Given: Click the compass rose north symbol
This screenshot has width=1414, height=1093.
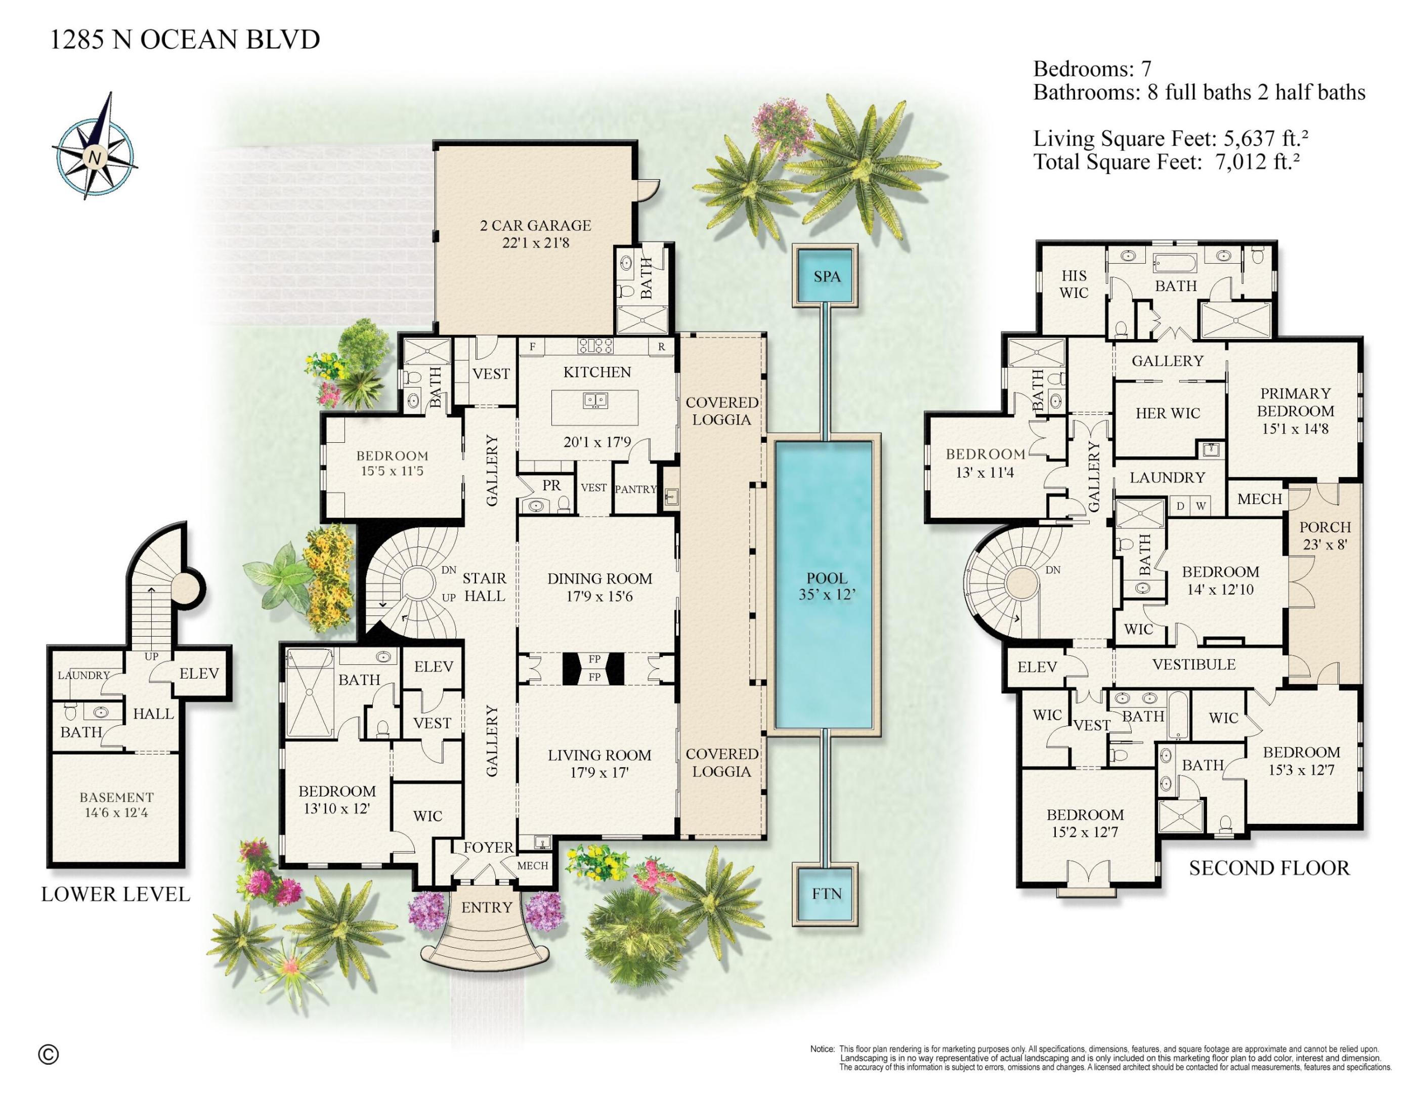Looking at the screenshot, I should (x=95, y=157).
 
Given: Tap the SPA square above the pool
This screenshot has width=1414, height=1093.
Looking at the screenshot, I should (x=827, y=276).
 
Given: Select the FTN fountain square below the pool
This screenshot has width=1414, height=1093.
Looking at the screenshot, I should (x=827, y=894).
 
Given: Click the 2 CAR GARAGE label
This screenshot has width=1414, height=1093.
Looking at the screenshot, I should (x=535, y=225).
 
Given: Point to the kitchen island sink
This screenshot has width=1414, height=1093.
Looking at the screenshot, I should (x=595, y=401).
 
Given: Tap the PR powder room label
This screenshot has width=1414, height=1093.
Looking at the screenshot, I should (x=551, y=485).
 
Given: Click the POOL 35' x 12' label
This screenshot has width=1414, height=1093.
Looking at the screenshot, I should (x=827, y=586).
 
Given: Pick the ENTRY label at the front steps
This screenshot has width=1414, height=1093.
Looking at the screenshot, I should (x=486, y=908).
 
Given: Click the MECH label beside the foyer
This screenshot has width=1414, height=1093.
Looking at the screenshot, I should (x=533, y=866).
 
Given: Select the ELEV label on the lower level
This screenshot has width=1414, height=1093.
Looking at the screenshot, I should (x=199, y=674).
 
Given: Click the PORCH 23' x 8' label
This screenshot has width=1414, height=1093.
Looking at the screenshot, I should (x=1324, y=535).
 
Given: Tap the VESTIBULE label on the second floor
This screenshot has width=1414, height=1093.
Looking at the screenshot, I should (x=1193, y=664).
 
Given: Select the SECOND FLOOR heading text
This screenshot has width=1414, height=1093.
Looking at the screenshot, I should (x=1269, y=868).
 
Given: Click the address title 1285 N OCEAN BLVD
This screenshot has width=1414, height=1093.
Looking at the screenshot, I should (x=185, y=39).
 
